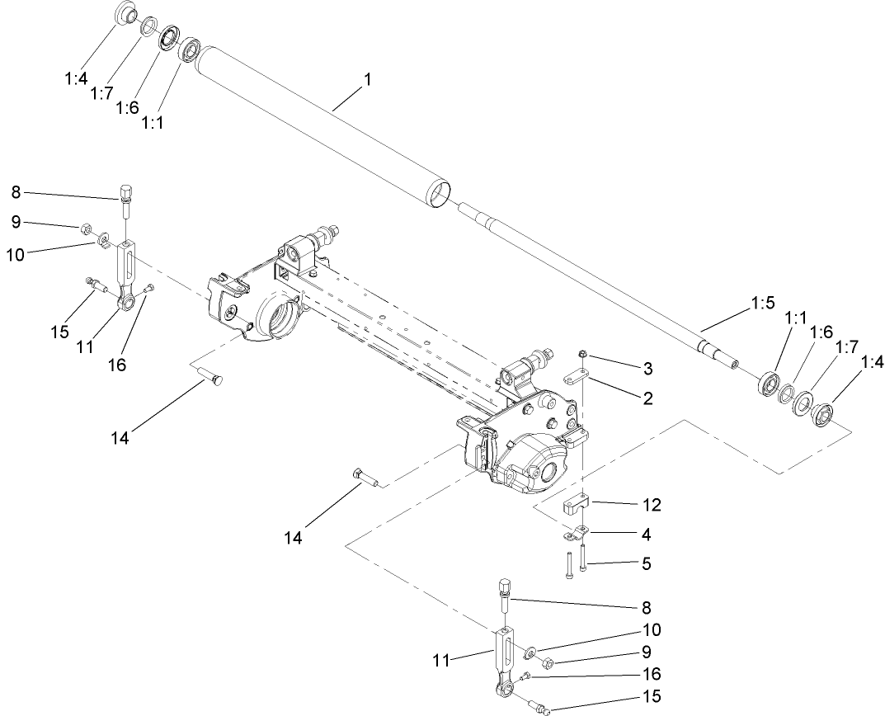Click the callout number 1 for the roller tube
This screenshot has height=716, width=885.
(367, 81)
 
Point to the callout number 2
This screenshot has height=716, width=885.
(648, 398)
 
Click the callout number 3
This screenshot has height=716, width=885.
(648, 366)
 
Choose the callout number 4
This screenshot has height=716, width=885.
(647, 535)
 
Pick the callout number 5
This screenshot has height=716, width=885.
(647, 565)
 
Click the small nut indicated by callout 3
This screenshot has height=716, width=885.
(582, 355)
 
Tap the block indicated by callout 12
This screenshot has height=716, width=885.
(574, 505)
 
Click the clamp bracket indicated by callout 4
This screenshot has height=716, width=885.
(576, 535)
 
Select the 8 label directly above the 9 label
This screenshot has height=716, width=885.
(16, 194)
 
